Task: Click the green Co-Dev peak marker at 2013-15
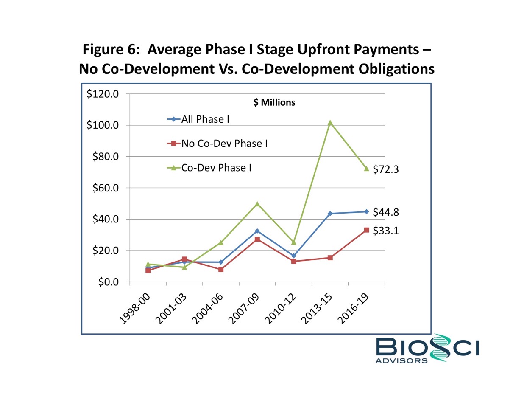(330, 123)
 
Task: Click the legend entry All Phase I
(205, 119)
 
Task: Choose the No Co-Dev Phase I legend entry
(224, 144)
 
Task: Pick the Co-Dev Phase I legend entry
(216, 168)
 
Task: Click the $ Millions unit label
(274, 103)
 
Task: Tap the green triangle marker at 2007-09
(257, 204)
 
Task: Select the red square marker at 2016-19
(366, 230)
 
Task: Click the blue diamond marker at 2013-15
(330, 214)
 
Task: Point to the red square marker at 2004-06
(220, 269)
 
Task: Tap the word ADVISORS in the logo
(401, 360)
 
